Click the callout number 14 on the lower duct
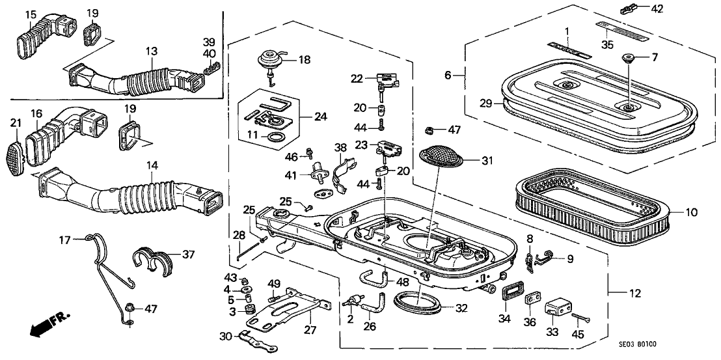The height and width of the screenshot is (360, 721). pyautogui.click(x=152, y=166)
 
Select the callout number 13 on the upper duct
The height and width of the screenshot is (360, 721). pyautogui.click(x=151, y=51)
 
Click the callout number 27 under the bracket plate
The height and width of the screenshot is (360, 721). pyautogui.click(x=310, y=329)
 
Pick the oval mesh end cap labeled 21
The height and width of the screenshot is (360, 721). pyautogui.click(x=18, y=157)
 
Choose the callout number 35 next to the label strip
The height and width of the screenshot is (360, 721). pyautogui.click(x=608, y=45)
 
